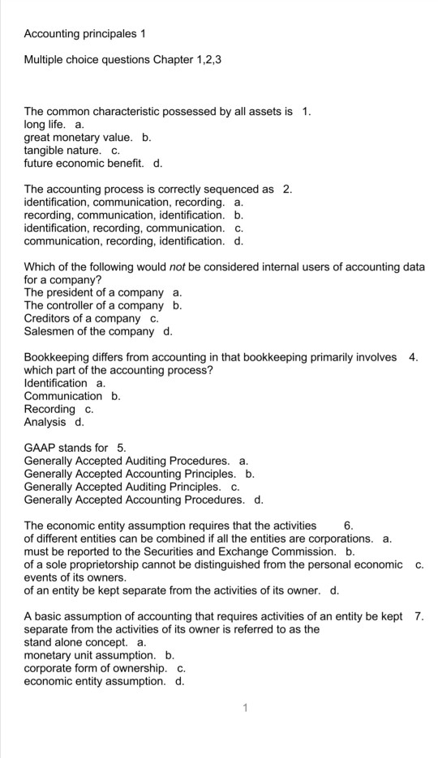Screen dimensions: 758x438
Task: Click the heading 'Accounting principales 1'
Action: point(84,34)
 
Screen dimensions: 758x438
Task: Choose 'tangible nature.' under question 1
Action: point(63,151)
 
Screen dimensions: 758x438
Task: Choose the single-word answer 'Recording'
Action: point(49,409)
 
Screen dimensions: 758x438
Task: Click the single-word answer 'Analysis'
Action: point(45,422)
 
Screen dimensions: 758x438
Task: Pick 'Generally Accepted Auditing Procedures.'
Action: point(127,461)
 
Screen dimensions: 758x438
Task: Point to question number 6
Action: point(349,526)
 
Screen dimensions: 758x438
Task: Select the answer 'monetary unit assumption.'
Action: point(90,655)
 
